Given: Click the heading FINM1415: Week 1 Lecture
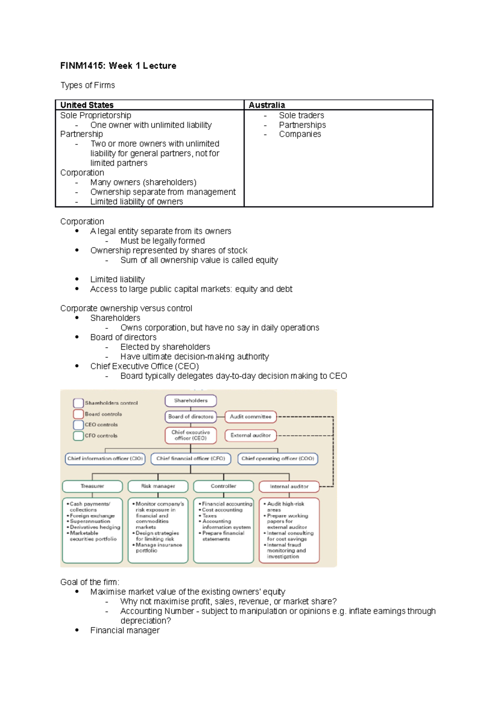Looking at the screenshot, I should pos(118,66).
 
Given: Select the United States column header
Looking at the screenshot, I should pos(87,105).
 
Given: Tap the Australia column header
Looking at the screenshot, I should pos(266,105).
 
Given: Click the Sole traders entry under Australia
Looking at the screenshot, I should pos(301,115).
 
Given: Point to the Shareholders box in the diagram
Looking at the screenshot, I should pos(190,401).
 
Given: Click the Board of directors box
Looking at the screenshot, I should pos(190,416).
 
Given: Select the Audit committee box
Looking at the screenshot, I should pos(250,416).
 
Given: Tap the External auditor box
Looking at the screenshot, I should pos(250,435).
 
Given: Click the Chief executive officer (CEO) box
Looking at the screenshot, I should pos(190,435).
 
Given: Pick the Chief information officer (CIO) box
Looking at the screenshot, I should pos(105,458).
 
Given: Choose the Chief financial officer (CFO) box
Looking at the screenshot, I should pos(190,458).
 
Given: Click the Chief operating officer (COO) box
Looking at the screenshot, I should pos(278,458).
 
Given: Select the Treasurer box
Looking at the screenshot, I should pos(92,486).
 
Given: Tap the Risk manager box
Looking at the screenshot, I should pos(158,486).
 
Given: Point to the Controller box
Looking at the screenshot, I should pos(223,486).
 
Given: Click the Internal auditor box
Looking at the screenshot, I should pos(289,487).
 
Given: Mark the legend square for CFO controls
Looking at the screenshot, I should pos(78,436).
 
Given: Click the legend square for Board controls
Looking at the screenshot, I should pos(78,414).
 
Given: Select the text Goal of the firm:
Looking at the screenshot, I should pos(90,582).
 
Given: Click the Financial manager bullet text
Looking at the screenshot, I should pos(124,630).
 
